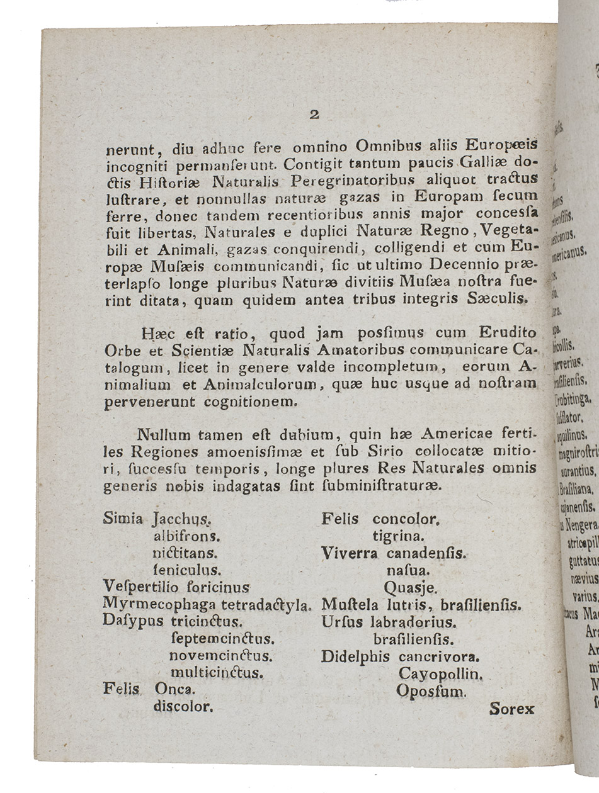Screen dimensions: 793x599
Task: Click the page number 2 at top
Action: (x=315, y=114)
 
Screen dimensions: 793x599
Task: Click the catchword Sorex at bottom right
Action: (x=511, y=708)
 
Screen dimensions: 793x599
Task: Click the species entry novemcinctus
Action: (x=220, y=655)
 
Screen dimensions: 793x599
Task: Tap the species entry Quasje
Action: (x=410, y=588)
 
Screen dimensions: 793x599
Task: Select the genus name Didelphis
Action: (x=355, y=656)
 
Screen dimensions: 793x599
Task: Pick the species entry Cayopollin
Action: (x=440, y=674)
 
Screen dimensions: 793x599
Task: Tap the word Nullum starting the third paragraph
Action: (x=160, y=435)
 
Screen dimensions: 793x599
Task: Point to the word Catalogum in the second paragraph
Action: (x=134, y=367)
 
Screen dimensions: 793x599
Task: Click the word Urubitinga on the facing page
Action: (x=572, y=398)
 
